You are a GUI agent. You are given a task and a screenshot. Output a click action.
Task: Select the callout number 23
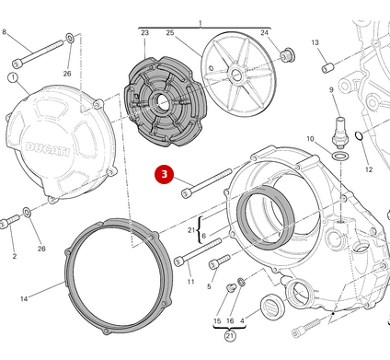[144, 33]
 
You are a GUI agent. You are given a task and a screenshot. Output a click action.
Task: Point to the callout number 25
[170, 33]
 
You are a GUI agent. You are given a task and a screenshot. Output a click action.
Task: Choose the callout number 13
[315, 42]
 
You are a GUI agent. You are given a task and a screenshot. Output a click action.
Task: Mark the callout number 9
[332, 89]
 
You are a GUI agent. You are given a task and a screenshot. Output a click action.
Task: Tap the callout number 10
[310, 139]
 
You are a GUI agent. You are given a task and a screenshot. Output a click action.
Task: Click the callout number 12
[368, 169]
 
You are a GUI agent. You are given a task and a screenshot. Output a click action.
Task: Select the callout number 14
[24, 298]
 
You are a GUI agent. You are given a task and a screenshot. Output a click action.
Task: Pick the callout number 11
[190, 281]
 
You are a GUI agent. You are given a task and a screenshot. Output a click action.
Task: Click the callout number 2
[13, 256]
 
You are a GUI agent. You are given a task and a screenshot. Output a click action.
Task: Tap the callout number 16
[231, 320]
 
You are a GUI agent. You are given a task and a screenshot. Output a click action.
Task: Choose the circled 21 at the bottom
[229, 337]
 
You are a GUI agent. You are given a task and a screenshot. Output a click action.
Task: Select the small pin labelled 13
[327, 67]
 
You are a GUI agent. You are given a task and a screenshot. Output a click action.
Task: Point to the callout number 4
[242, 320]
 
